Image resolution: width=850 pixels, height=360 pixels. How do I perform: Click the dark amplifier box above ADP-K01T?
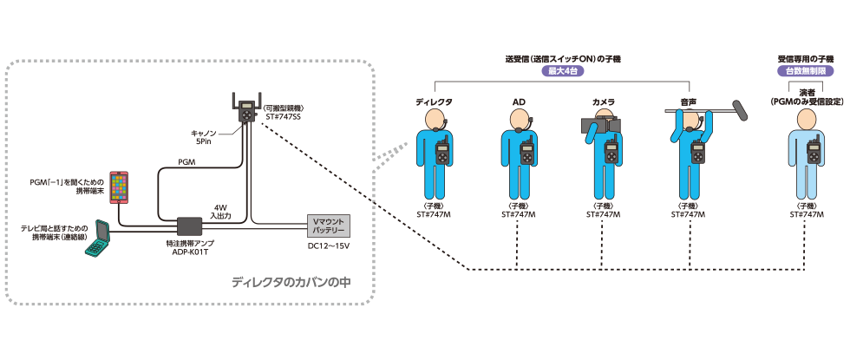pos(190,226)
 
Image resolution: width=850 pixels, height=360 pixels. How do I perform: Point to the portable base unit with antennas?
pos(247,109)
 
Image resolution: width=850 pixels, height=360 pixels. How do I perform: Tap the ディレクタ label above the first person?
pos(434,102)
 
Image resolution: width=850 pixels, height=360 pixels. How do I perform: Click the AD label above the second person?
pos(519,102)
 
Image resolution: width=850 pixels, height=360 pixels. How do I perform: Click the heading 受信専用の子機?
pos(805,59)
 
